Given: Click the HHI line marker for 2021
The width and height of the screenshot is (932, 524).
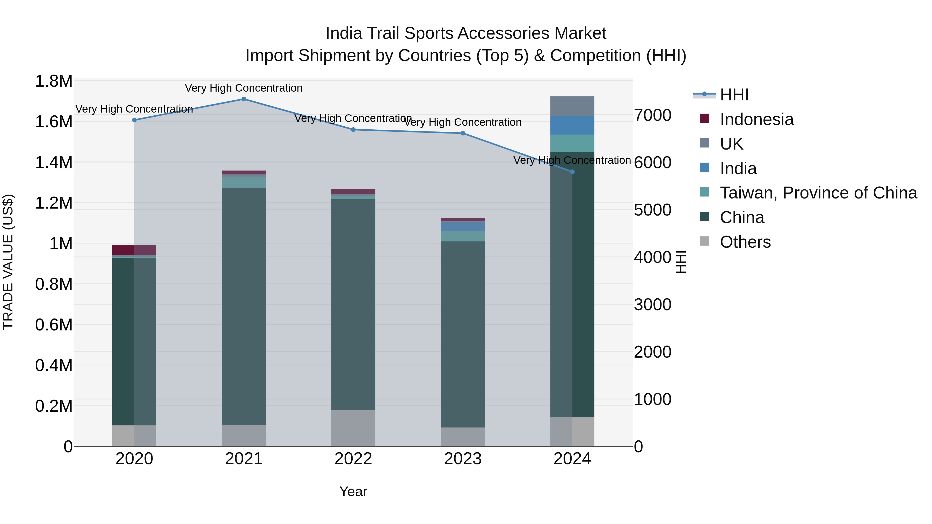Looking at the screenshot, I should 244,99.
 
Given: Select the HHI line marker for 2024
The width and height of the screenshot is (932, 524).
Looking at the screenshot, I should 572,172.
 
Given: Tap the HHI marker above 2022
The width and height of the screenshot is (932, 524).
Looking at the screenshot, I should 353,129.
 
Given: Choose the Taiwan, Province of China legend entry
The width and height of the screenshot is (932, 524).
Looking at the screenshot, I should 818,193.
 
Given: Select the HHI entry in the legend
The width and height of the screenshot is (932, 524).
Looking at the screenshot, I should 734,95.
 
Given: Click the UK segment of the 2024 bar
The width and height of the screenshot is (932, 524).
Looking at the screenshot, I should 572,106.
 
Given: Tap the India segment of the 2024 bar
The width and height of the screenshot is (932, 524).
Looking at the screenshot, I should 572,125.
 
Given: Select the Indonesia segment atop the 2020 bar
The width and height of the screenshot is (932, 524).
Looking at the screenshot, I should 134,250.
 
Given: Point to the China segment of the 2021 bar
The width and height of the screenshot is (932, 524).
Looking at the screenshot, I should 244,306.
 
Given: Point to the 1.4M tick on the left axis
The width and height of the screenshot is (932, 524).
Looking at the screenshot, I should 54,162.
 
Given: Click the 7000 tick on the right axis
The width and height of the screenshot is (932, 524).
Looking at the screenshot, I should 652,115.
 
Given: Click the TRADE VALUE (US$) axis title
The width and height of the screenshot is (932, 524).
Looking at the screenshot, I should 8,262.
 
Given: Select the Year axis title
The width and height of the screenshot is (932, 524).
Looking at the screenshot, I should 353,491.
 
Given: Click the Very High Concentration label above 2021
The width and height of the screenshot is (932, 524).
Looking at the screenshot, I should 244,88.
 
